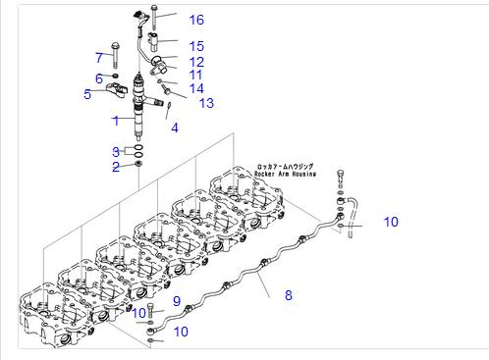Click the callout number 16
tap(196, 20)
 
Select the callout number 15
tap(196, 46)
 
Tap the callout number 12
tap(196, 62)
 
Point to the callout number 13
tap(206, 103)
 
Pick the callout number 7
tap(99, 58)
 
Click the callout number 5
tap(87, 94)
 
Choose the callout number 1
tap(116, 121)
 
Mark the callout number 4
tap(175, 128)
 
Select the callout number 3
tap(116, 152)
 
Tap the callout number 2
tap(116, 167)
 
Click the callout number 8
tap(289, 295)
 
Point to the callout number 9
tap(177, 301)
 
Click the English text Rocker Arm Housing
tap(286, 174)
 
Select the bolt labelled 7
tap(115, 55)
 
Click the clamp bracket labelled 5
tap(117, 89)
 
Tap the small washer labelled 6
tap(115, 77)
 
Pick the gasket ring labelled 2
tap(138, 163)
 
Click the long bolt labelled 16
tap(154, 18)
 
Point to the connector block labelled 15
tap(154, 41)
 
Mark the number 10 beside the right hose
tap(391, 222)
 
